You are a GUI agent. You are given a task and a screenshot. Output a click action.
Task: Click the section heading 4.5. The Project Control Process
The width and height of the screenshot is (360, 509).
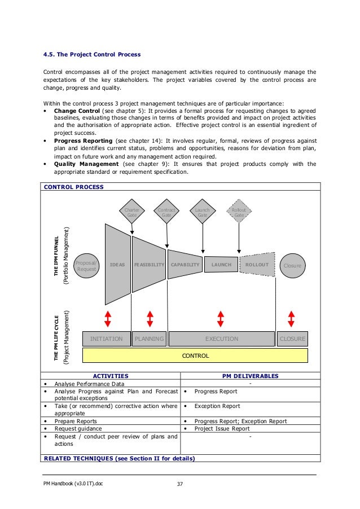pyautogui.click(x=92, y=55)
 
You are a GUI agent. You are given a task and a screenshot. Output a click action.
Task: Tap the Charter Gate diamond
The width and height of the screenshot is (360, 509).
pyautogui.click(x=131, y=212)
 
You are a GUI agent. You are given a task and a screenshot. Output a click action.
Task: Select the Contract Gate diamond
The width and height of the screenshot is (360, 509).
pyautogui.click(x=166, y=212)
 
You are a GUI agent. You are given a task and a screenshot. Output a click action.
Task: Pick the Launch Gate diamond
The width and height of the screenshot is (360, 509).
pyautogui.click(x=202, y=212)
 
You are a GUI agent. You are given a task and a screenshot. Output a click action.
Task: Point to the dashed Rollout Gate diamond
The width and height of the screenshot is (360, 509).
pyautogui.click(x=239, y=212)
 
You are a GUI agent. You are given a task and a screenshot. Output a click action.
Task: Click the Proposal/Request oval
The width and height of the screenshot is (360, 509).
pyautogui.click(x=87, y=265)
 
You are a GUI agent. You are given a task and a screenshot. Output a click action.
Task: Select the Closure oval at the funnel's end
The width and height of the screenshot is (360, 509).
pyautogui.click(x=293, y=265)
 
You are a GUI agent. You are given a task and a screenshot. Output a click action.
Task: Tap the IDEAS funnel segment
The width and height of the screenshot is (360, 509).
pyautogui.click(x=117, y=264)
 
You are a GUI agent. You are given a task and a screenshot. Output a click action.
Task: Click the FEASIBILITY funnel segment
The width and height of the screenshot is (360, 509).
pyautogui.click(x=149, y=264)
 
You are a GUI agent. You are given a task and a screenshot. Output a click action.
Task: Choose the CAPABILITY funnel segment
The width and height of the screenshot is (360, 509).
pyautogui.click(x=185, y=264)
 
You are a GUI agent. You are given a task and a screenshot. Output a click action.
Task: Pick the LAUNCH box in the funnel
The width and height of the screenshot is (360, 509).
pyautogui.click(x=221, y=264)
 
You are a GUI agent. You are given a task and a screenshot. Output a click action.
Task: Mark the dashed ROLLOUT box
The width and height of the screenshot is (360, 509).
pyautogui.click(x=257, y=264)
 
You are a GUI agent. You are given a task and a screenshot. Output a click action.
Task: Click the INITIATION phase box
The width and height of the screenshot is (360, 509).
pyautogui.click(x=106, y=339)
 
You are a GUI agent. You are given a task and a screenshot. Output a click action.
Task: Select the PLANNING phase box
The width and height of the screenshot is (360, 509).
pyautogui.click(x=149, y=339)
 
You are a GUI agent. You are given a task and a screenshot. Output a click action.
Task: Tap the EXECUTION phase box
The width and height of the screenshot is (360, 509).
pyautogui.click(x=221, y=339)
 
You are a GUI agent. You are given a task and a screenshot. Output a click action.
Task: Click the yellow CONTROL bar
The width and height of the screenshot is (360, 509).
pyautogui.click(x=195, y=356)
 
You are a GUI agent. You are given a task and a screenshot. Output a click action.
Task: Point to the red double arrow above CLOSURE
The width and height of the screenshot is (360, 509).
pyautogui.click(x=292, y=318)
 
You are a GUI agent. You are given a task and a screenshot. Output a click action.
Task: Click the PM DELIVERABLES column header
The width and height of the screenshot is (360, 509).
pyautogui.click(x=250, y=375)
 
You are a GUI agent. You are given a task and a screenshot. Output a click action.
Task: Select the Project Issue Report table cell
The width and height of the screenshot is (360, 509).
pyautogui.click(x=222, y=428)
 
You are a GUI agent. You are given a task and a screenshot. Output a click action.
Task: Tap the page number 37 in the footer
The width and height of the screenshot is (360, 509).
pyautogui.click(x=180, y=484)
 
